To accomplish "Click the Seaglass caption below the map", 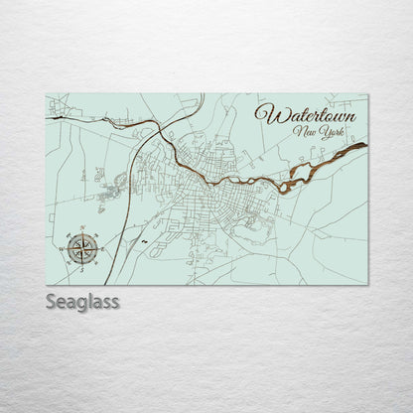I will coord(82,301).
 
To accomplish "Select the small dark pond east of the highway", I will coord(144,241).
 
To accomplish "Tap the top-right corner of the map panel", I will coord(367,94).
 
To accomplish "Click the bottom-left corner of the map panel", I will coord(46,284).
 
